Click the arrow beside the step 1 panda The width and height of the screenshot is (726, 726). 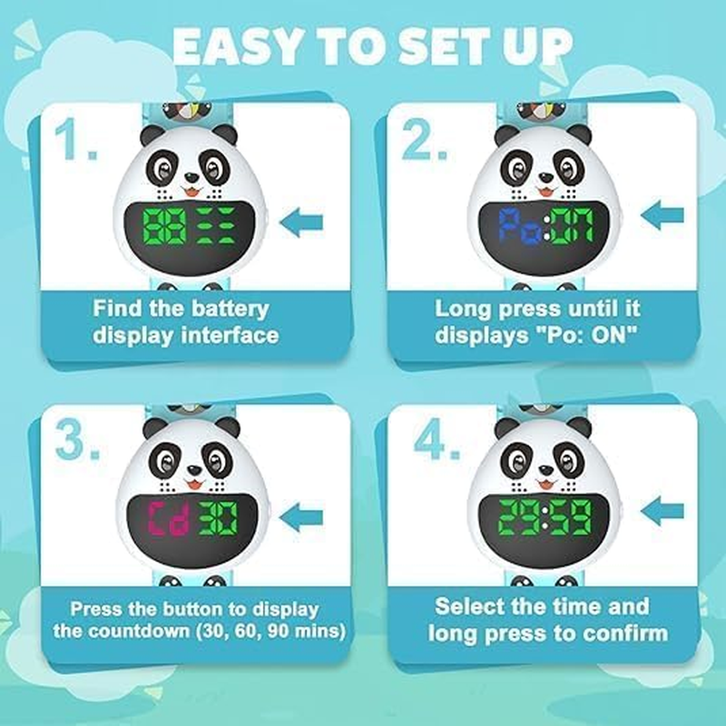click(x=302, y=221)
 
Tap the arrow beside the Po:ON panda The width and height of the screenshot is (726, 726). click(x=662, y=216)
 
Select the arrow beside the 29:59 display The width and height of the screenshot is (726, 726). click(x=662, y=511)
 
